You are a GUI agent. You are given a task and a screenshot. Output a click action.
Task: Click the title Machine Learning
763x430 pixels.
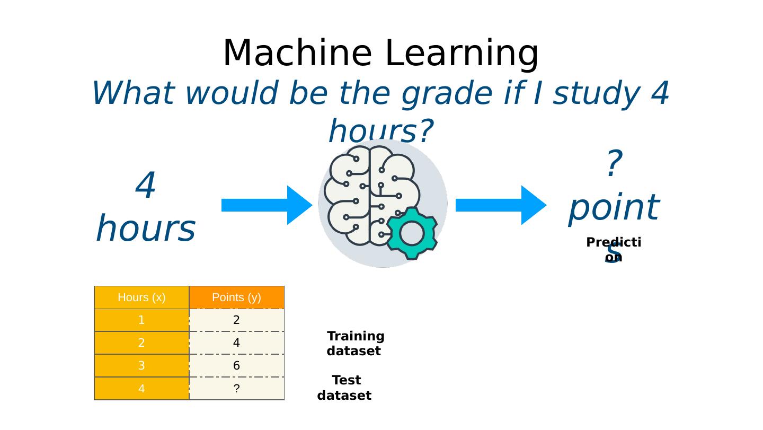380,54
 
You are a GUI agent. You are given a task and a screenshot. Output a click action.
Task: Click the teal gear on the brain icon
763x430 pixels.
412,233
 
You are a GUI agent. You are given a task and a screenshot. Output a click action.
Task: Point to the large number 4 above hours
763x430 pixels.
146,187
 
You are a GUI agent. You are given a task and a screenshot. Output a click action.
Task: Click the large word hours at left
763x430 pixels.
146,229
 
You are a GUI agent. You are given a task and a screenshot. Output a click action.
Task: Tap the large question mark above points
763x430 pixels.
613,164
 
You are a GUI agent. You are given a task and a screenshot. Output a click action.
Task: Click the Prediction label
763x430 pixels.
614,250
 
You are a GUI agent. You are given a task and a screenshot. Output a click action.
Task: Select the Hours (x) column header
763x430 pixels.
141,297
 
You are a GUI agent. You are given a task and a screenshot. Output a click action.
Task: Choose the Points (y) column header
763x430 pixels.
236,297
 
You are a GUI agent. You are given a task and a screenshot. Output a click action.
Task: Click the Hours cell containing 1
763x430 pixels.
141,320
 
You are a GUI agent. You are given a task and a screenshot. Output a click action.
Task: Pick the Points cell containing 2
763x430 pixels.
236,320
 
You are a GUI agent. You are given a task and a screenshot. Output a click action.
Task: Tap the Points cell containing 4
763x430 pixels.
236,343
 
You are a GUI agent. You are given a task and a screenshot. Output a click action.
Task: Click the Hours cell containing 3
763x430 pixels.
141,366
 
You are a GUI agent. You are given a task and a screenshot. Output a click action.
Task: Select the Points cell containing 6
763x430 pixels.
236,366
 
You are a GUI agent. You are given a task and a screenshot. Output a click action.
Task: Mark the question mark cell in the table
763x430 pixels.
236,389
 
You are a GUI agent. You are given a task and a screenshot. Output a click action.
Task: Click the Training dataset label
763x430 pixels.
355,344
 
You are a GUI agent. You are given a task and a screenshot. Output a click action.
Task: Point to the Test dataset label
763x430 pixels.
345,388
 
